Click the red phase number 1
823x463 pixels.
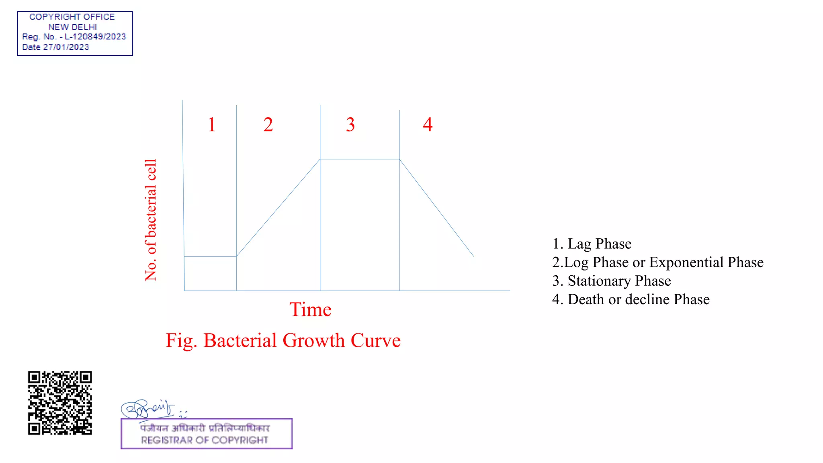coord(212,125)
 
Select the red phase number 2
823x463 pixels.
coord(268,125)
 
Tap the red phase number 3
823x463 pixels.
coord(350,125)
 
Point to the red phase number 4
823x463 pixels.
coord(428,124)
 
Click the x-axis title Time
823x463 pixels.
coord(310,309)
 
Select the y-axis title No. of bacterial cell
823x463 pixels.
coord(151,220)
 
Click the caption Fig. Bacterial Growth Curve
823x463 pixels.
coord(283,340)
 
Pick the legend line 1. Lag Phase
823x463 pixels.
coord(592,244)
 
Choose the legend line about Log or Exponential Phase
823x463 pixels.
coord(657,262)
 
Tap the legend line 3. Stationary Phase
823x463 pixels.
coord(611,281)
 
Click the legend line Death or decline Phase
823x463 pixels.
coord(631,299)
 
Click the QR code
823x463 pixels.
coord(60,403)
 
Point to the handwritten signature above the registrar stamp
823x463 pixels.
coord(147,409)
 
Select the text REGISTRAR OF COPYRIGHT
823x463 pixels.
coord(204,440)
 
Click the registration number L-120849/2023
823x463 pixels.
coord(95,37)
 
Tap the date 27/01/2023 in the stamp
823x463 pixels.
coord(66,47)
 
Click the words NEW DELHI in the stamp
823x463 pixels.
coord(72,27)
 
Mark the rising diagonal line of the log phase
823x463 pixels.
coord(278,208)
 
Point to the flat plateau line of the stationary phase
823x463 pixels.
coord(360,159)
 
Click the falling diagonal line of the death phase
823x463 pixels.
coord(436,208)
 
